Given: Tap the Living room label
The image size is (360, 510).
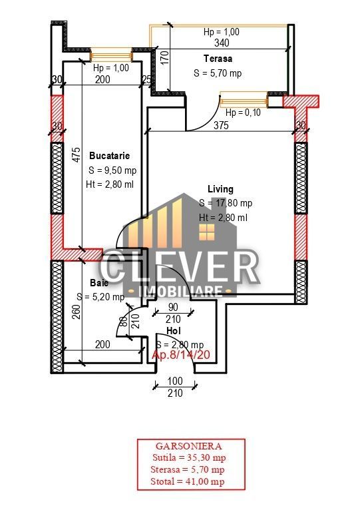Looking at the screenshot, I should (x=220, y=189).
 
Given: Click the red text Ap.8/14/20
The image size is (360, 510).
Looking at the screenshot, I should (x=182, y=356).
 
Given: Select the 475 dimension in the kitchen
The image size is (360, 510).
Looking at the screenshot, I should (x=77, y=154).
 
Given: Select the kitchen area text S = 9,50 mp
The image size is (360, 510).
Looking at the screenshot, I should (x=111, y=170).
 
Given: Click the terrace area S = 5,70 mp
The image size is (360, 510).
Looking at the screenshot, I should (x=218, y=73).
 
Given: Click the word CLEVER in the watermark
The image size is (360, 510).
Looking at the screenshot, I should (x=179, y=267).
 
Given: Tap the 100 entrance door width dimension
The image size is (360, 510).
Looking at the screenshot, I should (x=174, y=380).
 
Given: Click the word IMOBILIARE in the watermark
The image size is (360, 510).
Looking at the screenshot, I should (x=179, y=292).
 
